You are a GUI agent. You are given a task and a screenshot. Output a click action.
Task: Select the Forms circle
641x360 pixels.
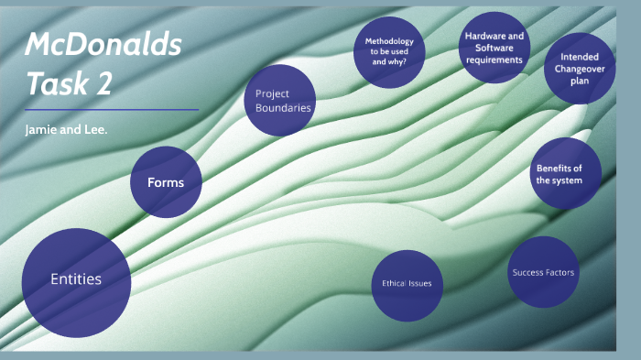166,182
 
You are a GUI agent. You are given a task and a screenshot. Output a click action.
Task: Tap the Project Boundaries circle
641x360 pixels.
280,100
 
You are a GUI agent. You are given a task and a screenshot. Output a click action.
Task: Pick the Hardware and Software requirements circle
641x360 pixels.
494,48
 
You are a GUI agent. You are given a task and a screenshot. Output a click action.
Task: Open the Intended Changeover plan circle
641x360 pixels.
580,69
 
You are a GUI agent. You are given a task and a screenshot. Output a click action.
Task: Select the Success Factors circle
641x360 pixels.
544,271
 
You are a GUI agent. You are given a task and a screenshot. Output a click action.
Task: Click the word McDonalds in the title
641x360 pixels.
103,44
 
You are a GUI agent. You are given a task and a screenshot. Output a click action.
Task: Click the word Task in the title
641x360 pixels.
56,83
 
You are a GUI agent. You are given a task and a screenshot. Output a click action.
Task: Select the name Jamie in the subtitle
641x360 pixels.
41,128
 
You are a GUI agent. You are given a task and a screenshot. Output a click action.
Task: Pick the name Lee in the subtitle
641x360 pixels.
95,128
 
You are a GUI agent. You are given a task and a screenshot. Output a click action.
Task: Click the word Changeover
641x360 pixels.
580,69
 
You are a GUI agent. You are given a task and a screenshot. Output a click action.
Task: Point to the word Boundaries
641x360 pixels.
284,108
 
